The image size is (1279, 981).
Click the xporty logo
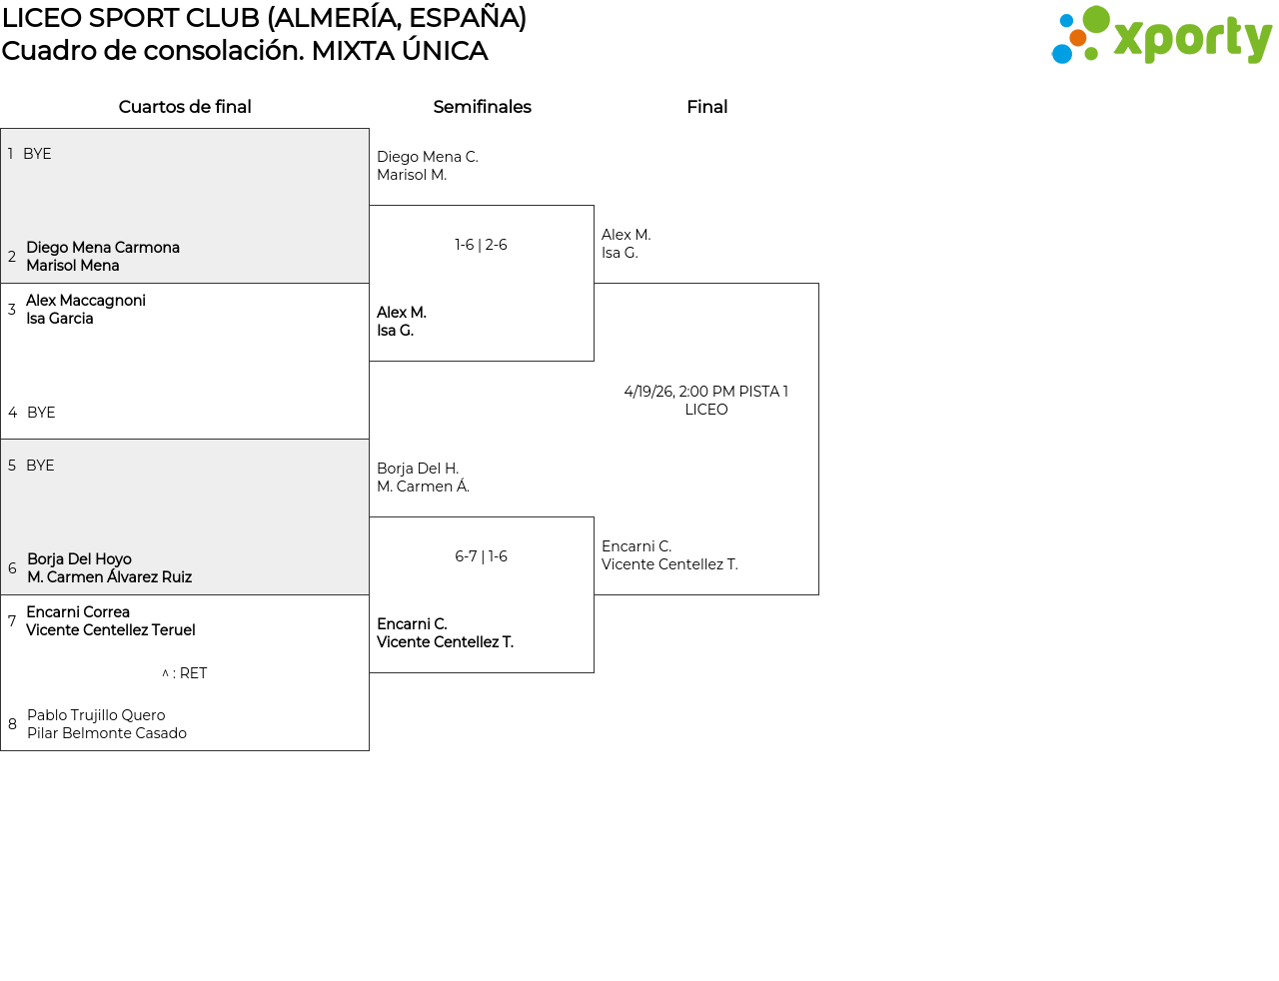coord(1161,36)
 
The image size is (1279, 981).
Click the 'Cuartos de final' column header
coord(185,107)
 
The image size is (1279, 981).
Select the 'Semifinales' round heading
coord(482,107)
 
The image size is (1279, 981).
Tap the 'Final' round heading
coord(706,107)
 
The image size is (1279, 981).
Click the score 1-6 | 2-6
coord(481,245)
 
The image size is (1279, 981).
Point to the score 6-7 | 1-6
coord(481,556)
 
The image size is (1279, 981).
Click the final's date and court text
coord(705,400)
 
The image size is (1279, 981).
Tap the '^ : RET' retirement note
coord(185,673)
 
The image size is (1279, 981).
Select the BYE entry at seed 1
coord(37,154)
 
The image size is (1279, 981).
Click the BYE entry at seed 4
coord(41,413)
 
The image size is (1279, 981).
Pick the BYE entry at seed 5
coord(40,466)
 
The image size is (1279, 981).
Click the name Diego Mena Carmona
coord(103,248)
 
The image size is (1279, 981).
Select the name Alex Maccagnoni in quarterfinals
coord(86,301)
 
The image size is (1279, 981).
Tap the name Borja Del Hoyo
coord(79,559)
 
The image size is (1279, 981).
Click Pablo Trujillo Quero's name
coord(96,715)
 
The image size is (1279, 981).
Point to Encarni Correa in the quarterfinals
coord(78,612)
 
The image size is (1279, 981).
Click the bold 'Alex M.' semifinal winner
coord(402,313)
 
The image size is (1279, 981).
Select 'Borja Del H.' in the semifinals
coord(418,469)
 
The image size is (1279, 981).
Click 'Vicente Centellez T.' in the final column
coord(669,564)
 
